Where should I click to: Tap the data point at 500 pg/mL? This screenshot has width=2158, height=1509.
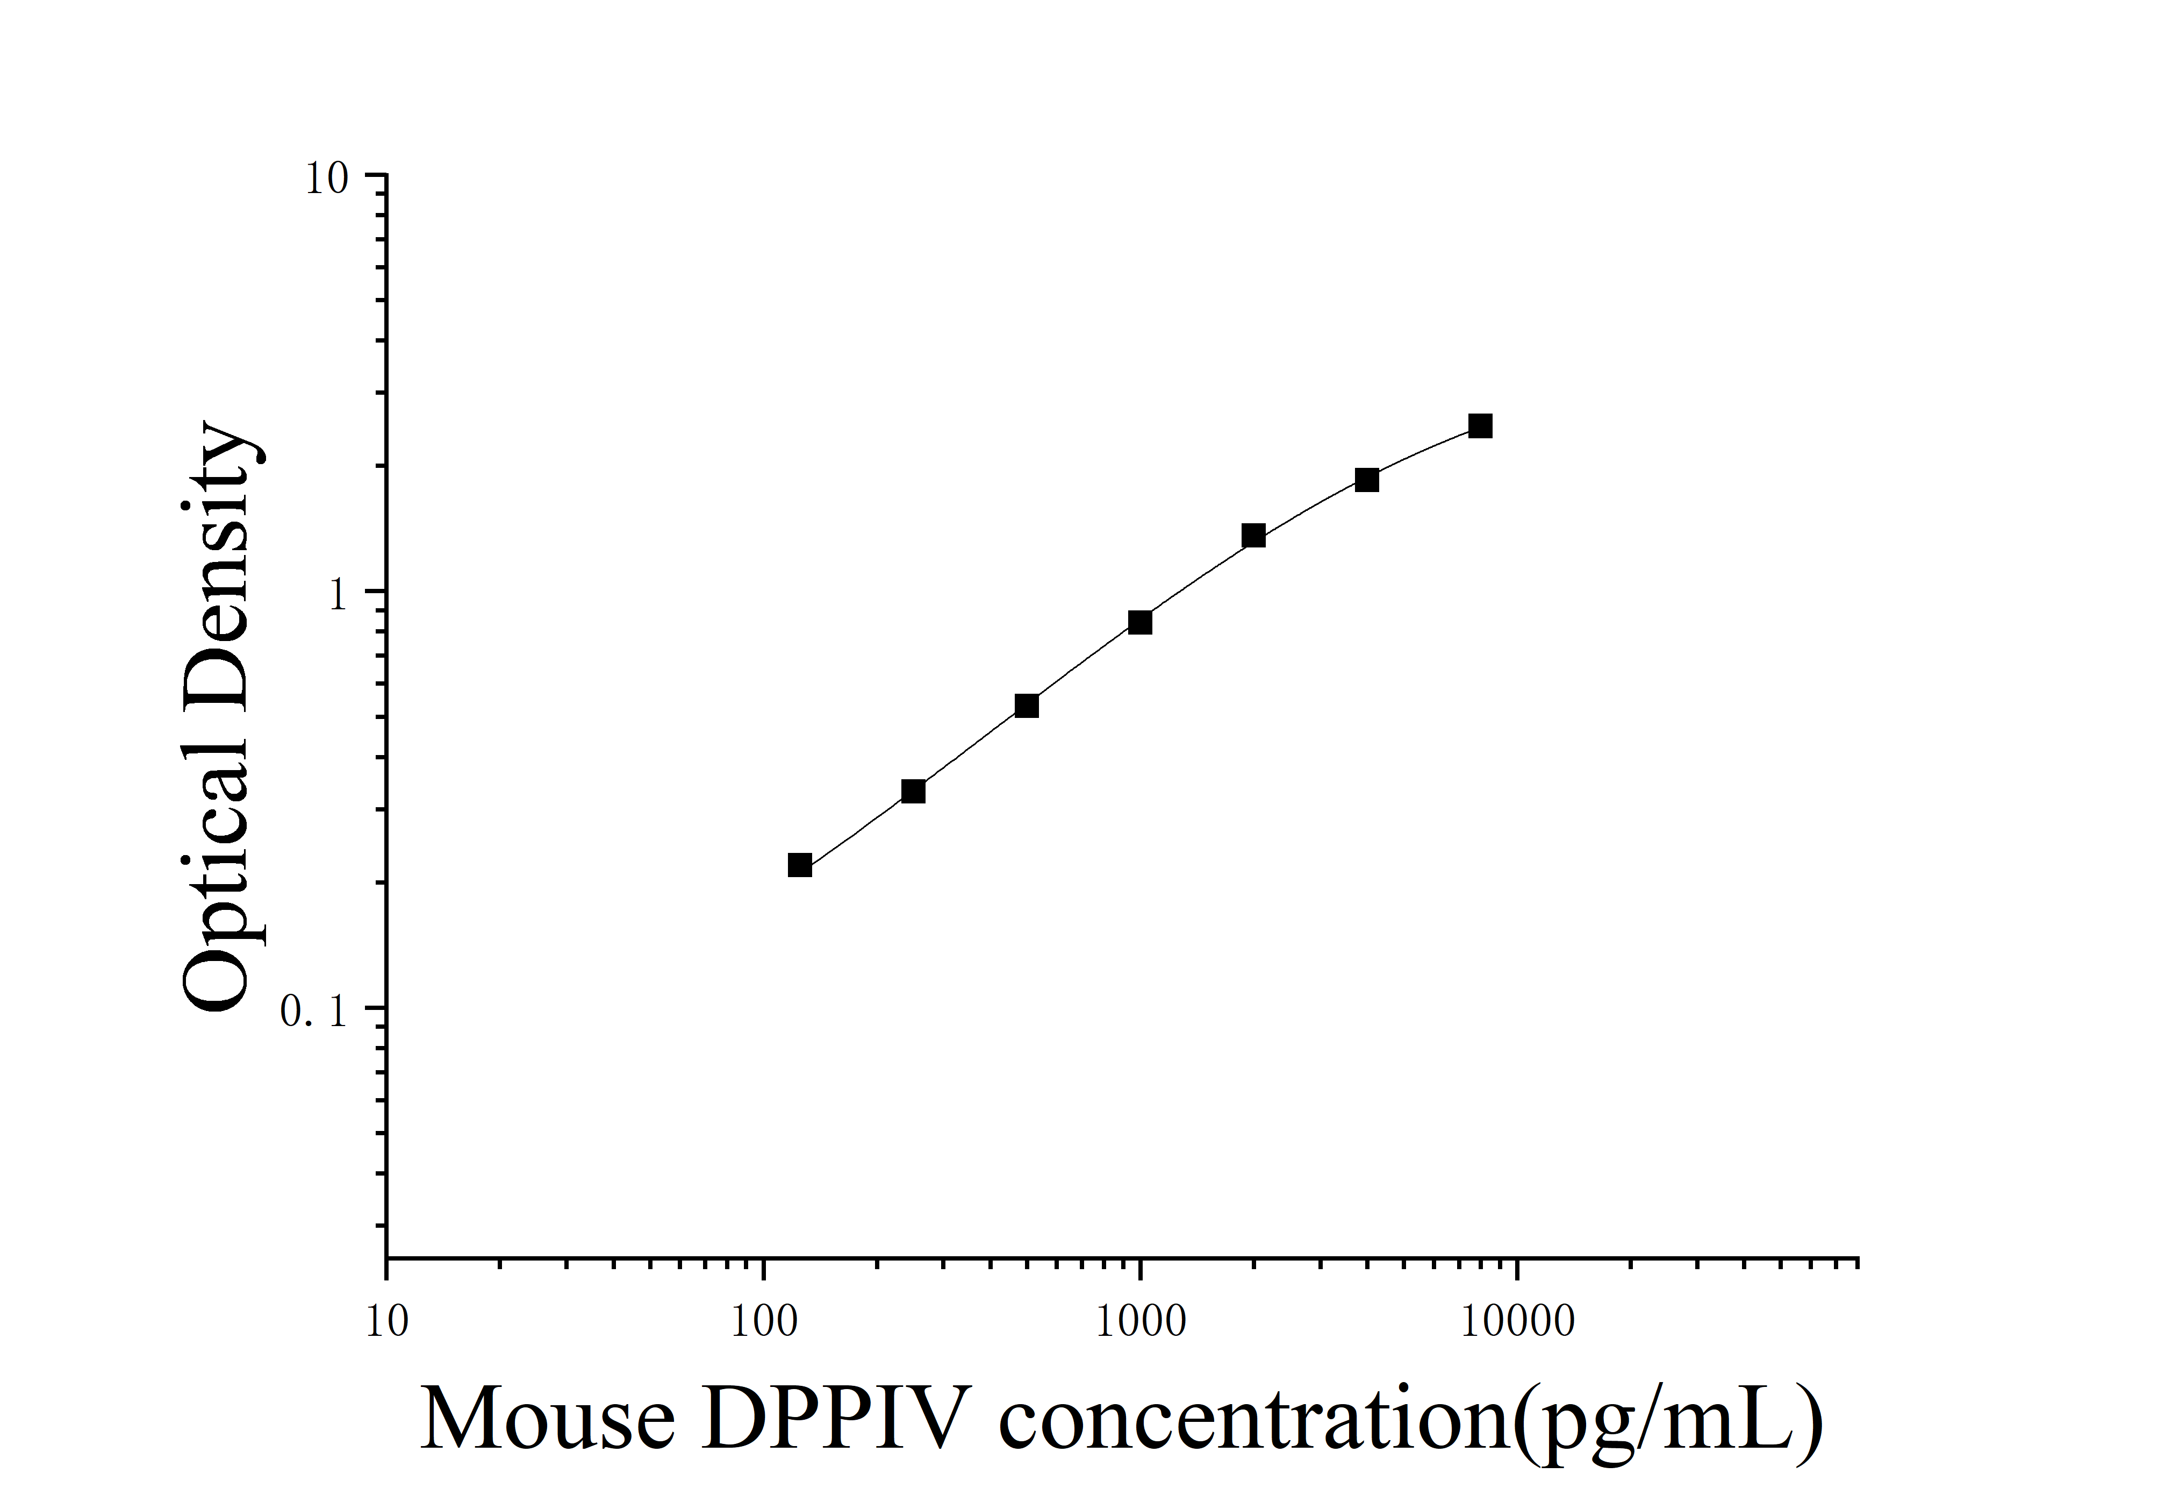coord(1027,705)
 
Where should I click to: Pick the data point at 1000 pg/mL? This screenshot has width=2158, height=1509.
coord(1140,622)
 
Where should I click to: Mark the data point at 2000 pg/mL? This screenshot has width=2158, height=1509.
coord(1254,536)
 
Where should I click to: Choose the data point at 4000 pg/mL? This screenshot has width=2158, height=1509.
coord(1367,480)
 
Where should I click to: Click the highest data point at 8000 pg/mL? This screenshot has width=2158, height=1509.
coord(1480,426)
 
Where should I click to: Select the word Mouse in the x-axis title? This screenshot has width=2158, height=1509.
coord(548,1420)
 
